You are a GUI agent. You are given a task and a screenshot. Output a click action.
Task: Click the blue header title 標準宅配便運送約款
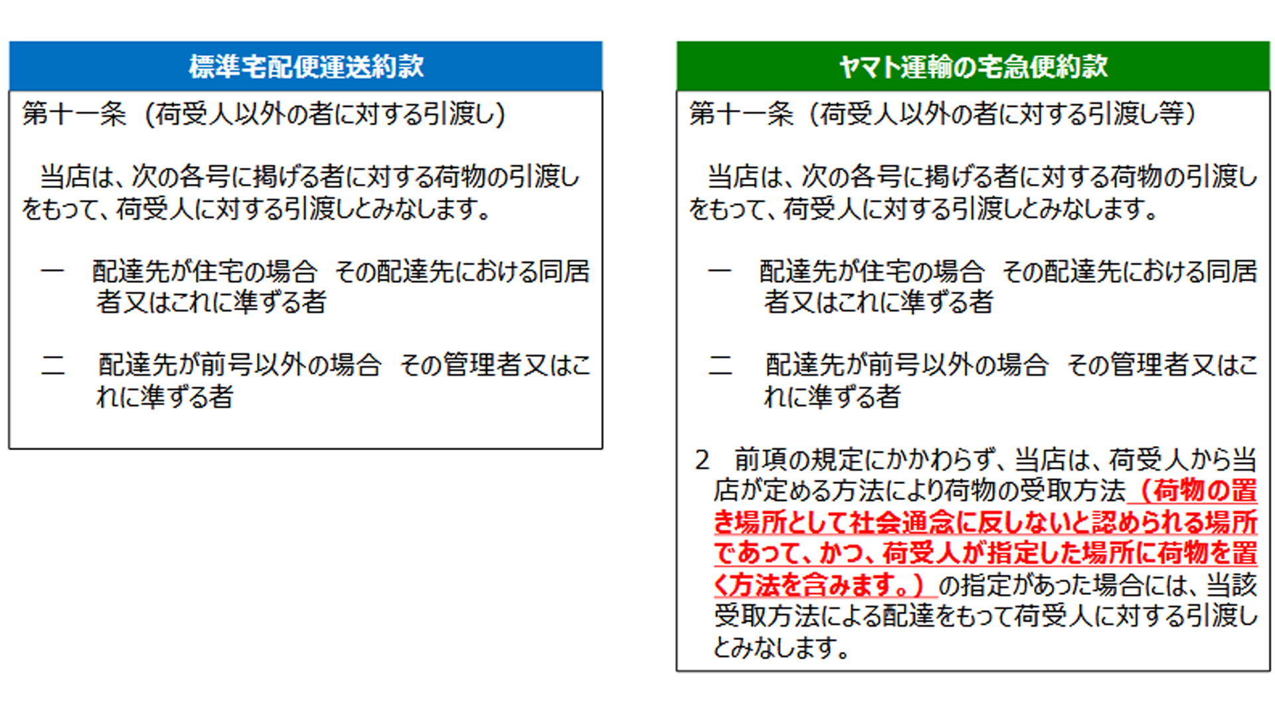point(306,66)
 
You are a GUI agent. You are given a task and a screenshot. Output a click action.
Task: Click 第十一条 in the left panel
point(74,114)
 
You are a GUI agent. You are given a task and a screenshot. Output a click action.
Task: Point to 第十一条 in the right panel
point(741,114)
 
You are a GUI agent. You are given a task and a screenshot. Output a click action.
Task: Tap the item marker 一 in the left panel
point(52,272)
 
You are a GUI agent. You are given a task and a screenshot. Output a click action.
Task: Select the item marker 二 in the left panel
point(53,365)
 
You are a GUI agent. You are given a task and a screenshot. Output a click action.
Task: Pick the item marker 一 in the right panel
point(720,272)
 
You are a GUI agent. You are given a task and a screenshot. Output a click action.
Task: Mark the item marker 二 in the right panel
point(721,365)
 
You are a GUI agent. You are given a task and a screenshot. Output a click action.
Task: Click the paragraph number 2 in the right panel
point(703,460)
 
